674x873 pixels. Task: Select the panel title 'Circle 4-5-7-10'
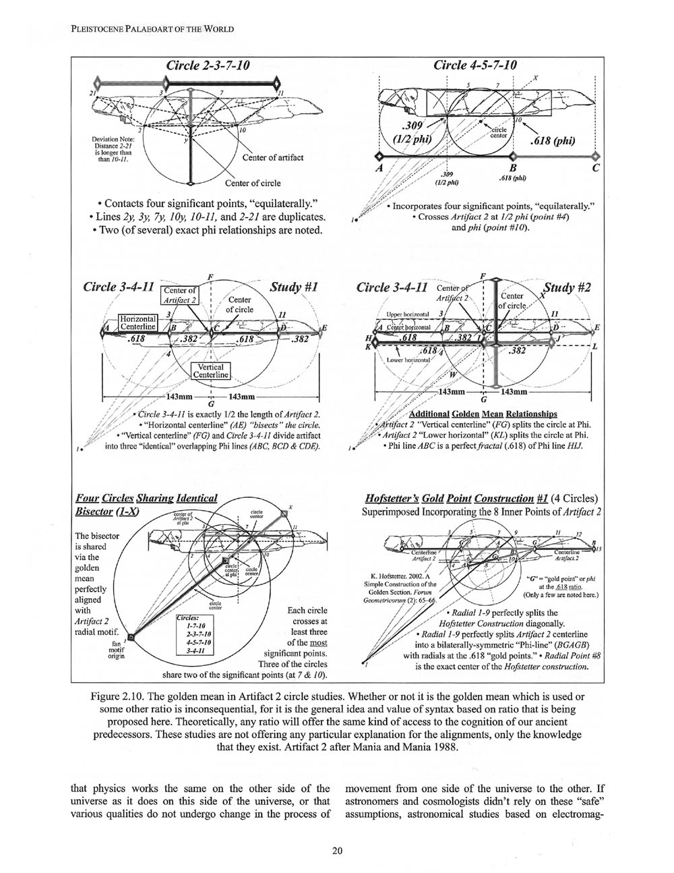point(475,66)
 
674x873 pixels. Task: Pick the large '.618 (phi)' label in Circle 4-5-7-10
point(559,142)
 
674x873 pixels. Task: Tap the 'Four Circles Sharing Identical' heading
point(146,498)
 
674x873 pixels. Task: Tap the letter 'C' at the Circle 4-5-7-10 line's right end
point(596,169)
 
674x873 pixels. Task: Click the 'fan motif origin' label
point(115,652)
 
